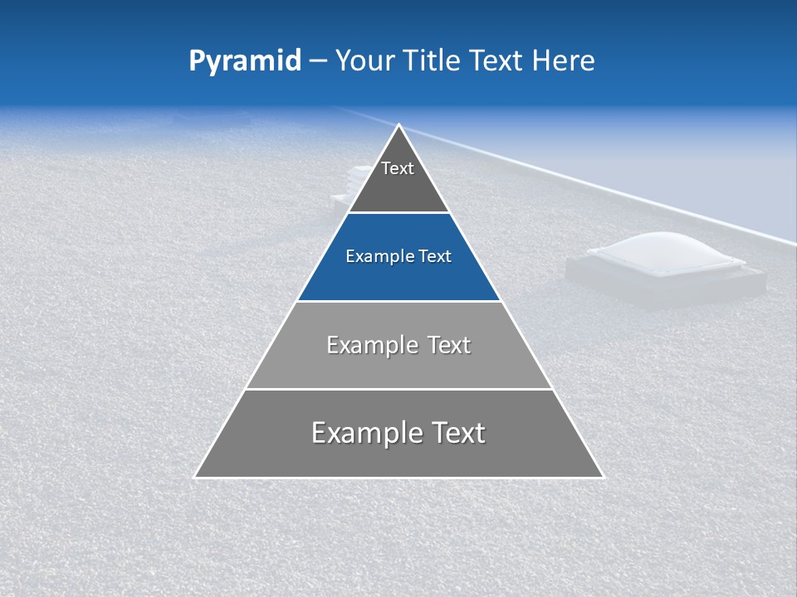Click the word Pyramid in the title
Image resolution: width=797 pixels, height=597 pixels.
244,61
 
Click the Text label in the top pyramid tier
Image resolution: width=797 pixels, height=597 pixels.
398,168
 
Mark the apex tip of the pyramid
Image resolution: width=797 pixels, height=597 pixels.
399,125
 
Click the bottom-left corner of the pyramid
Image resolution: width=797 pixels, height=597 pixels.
195,477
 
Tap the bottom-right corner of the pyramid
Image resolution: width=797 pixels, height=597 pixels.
603,477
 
